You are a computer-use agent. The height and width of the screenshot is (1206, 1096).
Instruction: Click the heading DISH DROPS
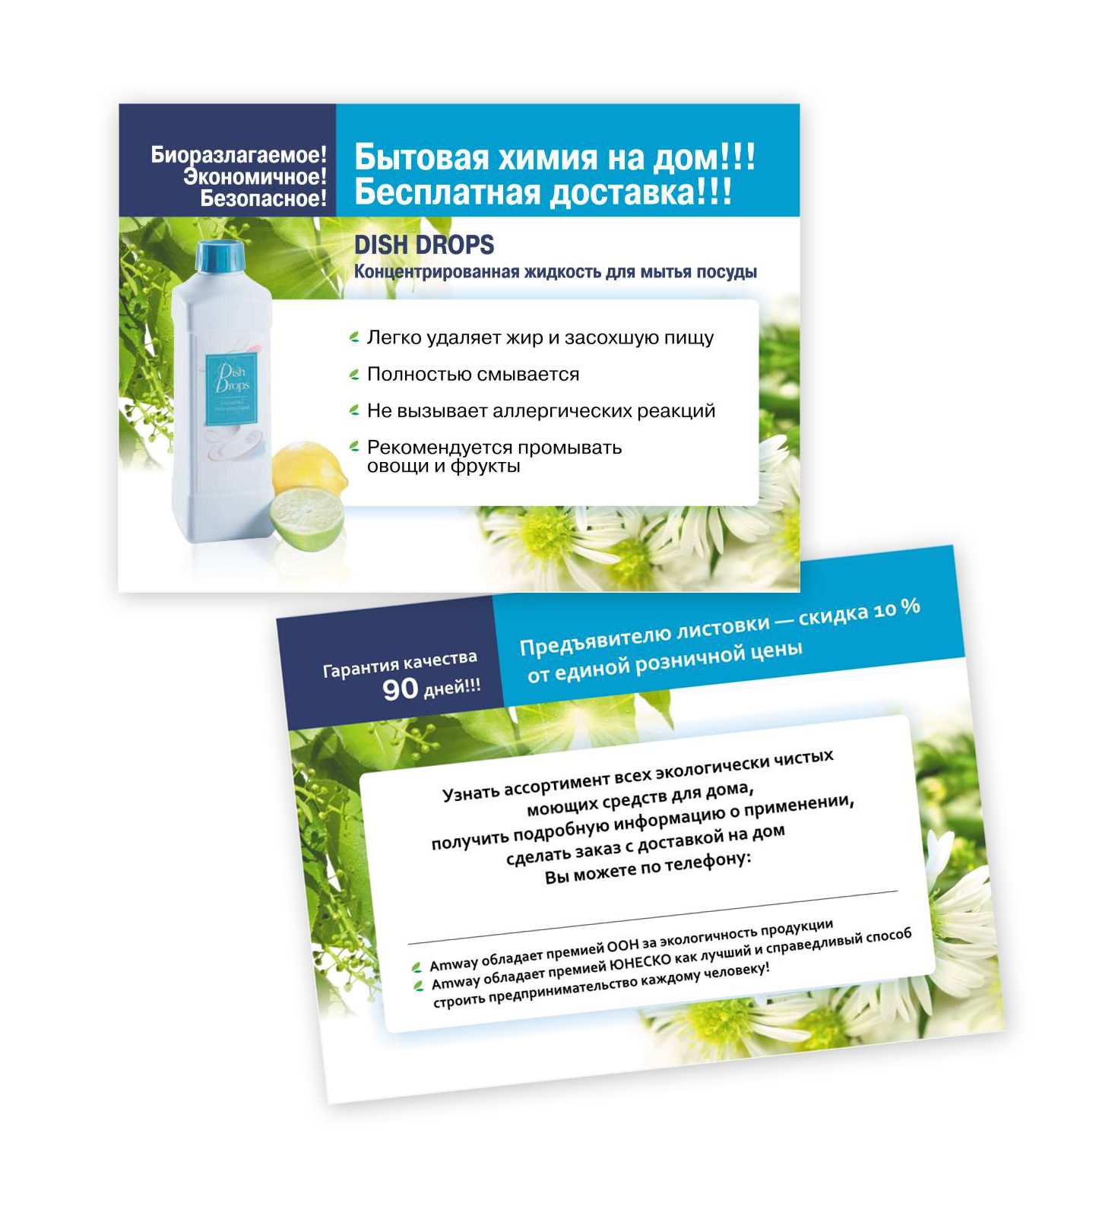point(424,245)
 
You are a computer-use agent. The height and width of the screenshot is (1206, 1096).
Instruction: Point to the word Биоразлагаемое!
point(239,155)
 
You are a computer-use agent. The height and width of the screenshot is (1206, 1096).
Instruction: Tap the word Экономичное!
point(255,177)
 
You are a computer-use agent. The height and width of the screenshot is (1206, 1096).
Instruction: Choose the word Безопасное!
point(263,198)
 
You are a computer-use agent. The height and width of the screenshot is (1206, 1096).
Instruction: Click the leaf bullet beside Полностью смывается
point(354,375)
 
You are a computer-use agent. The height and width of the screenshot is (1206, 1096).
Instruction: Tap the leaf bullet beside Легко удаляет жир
point(354,337)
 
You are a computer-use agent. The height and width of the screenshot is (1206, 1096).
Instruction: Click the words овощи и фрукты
point(444,466)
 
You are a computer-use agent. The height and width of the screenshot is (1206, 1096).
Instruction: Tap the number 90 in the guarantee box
point(400,689)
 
